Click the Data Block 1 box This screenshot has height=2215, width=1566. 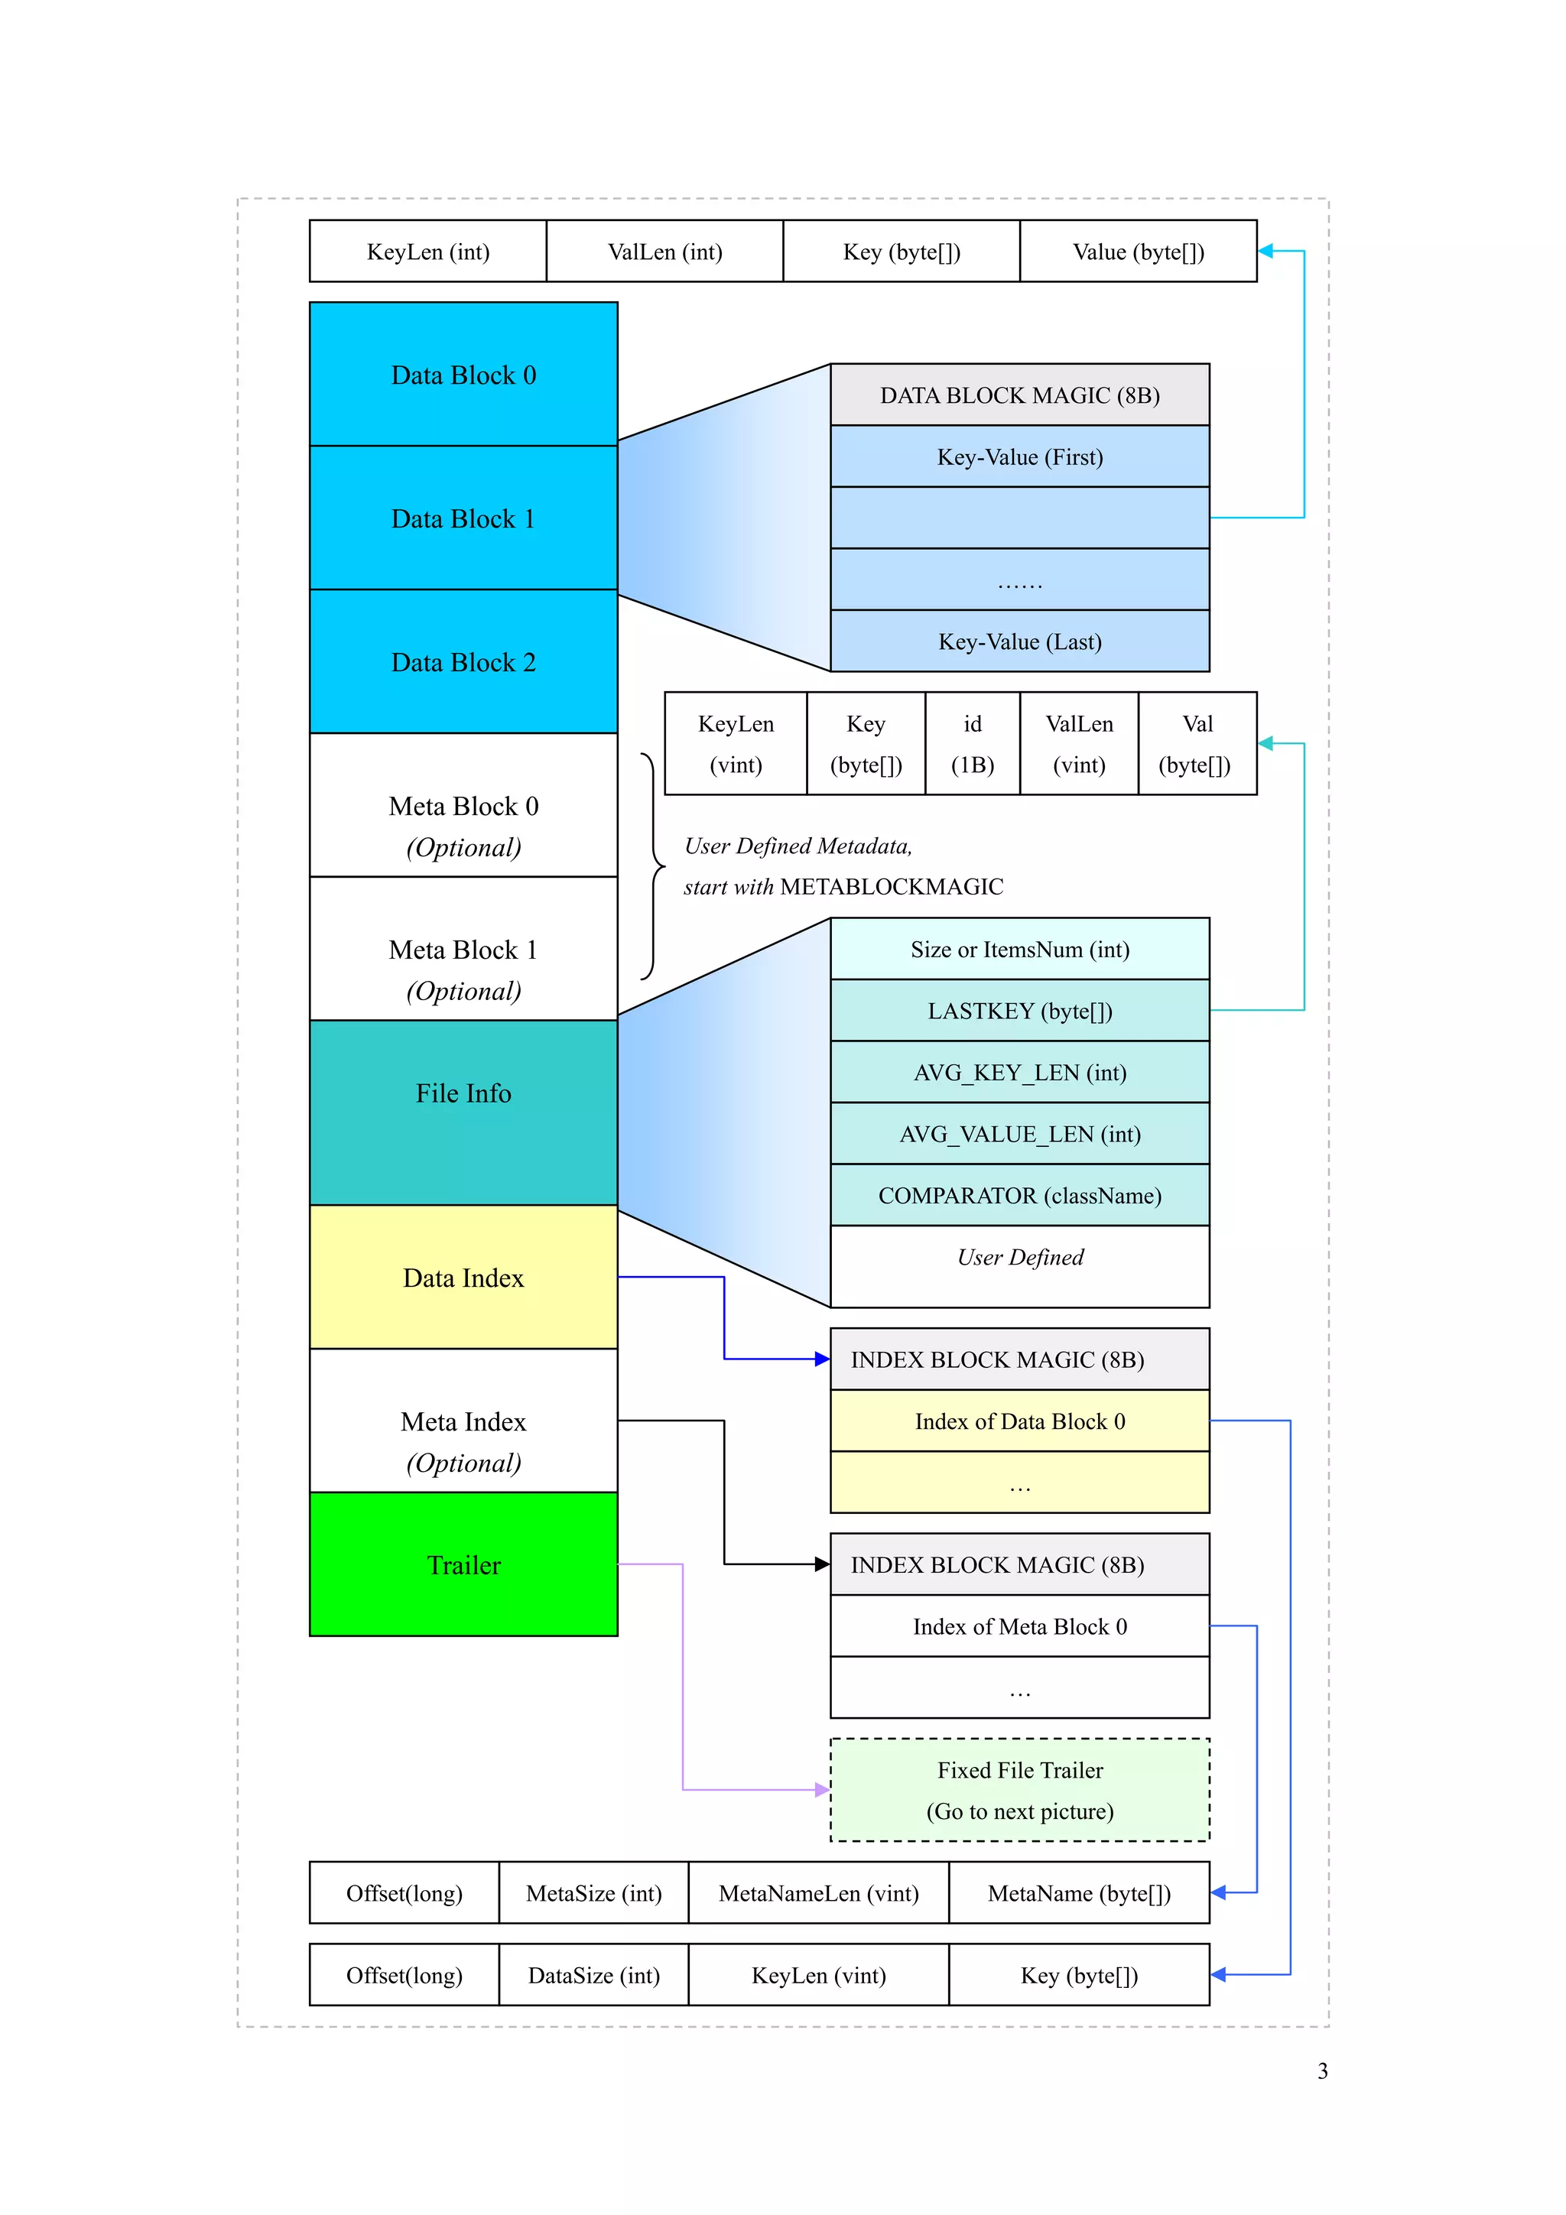(x=463, y=518)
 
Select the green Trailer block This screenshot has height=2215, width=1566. (x=463, y=1564)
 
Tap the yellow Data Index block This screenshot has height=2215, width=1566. (x=463, y=1278)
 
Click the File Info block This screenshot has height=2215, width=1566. (x=463, y=1112)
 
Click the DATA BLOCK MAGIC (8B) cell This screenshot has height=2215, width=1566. (x=1019, y=395)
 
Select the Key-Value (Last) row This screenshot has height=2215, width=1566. (x=1019, y=641)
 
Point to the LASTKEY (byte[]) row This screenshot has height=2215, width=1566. (x=1019, y=1010)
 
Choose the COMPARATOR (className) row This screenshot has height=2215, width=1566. (x=1019, y=1195)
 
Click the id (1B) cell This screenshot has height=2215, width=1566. (x=972, y=743)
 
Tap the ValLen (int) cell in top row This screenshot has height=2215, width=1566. (x=664, y=251)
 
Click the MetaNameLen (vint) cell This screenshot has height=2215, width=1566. (x=818, y=1893)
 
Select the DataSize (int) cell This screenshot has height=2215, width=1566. (x=593, y=1975)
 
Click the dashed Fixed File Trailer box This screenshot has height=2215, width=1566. (x=1019, y=1790)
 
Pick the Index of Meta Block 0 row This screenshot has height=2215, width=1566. (x=1019, y=1626)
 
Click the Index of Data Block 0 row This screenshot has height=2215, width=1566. (x=1019, y=1420)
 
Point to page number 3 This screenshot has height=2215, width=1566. (x=1322, y=2070)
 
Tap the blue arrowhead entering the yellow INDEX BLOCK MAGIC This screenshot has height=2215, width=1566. (x=822, y=1359)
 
